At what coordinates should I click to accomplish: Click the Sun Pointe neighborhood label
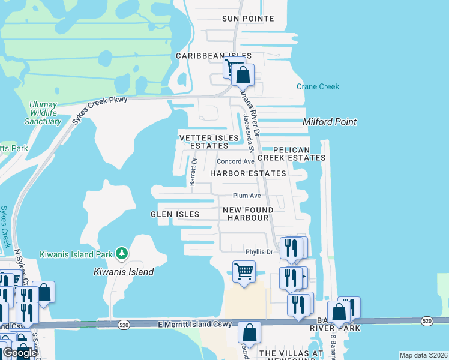[248, 19]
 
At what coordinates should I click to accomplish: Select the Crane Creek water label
[318, 87]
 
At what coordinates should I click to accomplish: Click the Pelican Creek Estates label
[292, 154]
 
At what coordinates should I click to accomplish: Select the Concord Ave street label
[236, 161]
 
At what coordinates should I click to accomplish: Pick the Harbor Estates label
[248, 173]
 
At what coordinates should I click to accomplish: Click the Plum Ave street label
[247, 196]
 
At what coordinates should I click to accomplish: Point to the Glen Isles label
[175, 214]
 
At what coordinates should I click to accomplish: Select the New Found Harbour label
[248, 214]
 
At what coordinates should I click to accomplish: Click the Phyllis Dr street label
[259, 251]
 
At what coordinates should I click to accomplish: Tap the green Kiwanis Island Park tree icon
[122, 254]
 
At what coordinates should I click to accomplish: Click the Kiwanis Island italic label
[124, 272]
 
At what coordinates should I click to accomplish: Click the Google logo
[19, 353]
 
